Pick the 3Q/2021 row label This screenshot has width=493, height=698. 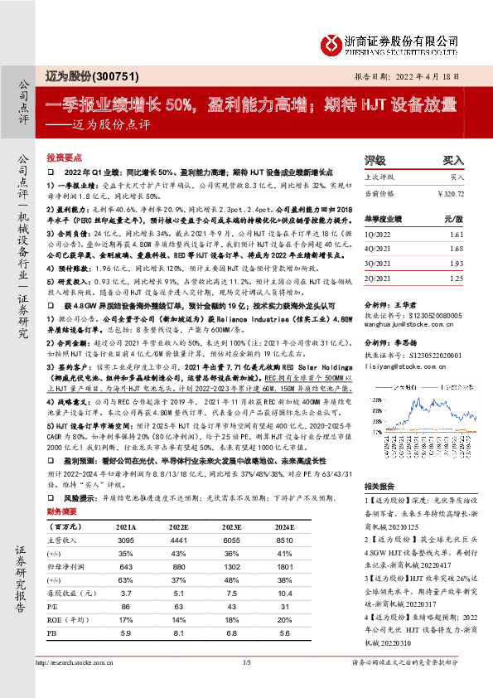(x=379, y=263)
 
